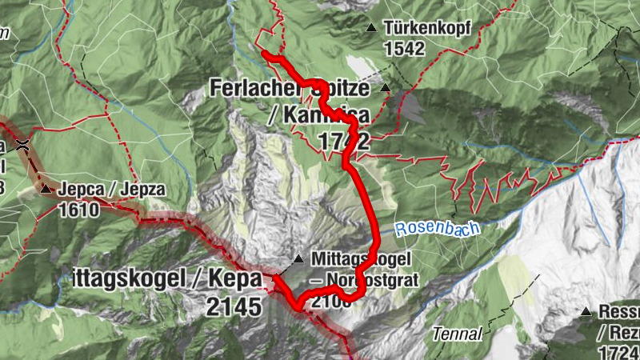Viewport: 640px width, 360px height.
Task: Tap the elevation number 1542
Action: coord(404,49)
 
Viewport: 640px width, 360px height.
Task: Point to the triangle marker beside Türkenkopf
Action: coord(370,28)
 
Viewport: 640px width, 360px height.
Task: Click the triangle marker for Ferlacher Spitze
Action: coord(386,88)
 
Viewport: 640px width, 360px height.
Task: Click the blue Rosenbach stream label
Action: coord(437,229)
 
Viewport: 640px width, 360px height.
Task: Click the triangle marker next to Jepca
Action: coord(46,190)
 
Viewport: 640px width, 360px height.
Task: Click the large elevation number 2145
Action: coord(233,306)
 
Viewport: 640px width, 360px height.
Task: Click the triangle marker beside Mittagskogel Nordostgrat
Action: coord(298,258)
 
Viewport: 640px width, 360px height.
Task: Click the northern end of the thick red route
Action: coord(264,53)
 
